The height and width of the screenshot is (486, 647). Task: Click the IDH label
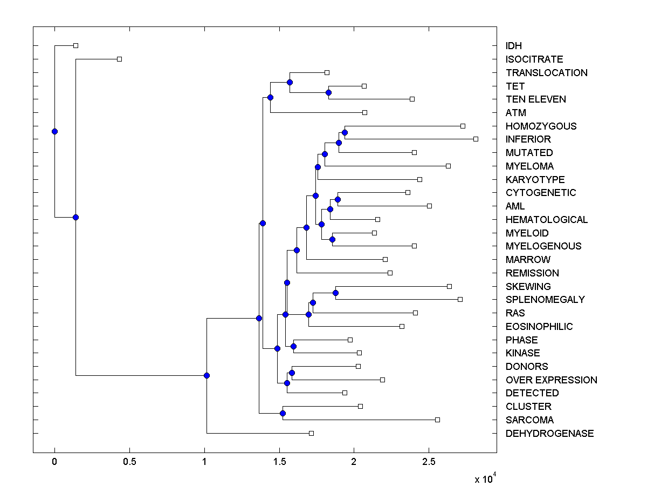click(x=513, y=46)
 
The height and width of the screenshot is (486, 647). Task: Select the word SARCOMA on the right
click(x=529, y=420)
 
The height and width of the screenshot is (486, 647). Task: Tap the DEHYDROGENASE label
click(x=549, y=434)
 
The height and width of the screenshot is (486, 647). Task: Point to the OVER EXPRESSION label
click(x=551, y=380)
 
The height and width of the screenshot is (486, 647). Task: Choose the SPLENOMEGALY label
click(x=545, y=300)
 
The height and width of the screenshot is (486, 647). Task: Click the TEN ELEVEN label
click(x=535, y=99)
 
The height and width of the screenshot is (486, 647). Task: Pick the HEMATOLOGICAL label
click(x=546, y=220)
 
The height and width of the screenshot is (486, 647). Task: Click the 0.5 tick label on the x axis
click(x=129, y=462)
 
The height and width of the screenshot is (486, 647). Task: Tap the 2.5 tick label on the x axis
click(x=429, y=462)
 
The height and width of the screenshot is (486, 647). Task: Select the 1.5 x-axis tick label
click(x=279, y=462)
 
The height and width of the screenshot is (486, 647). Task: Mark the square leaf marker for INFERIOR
click(x=476, y=139)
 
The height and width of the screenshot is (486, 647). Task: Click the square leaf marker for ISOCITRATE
click(x=120, y=59)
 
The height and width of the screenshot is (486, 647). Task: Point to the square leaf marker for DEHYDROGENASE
click(x=311, y=433)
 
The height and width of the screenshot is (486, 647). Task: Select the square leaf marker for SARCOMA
click(x=437, y=420)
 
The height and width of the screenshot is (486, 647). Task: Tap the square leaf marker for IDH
click(x=75, y=45)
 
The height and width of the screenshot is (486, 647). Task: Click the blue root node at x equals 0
click(x=54, y=131)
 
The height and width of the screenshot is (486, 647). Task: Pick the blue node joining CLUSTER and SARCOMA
click(x=283, y=413)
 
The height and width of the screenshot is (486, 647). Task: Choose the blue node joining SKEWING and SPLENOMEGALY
click(x=335, y=293)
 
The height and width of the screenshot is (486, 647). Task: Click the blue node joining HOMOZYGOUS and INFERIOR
click(x=345, y=132)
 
